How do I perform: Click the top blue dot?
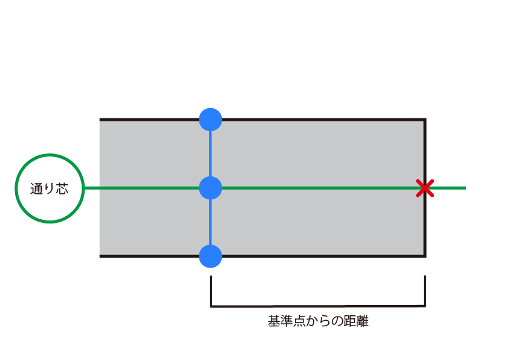tap(210, 120)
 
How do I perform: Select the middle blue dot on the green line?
tap(210, 188)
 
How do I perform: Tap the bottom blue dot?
tap(210, 256)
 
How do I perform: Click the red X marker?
tap(425, 188)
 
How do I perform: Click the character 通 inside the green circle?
tap(36, 188)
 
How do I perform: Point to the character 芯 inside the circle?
tap(62, 188)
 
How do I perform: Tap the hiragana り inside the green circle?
tap(49, 188)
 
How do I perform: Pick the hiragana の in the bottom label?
tap(337, 321)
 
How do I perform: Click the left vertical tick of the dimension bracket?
tap(211, 291)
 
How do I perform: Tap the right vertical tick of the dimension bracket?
tap(425, 291)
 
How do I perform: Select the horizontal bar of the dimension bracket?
tap(318, 306)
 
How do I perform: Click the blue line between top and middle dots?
tap(210, 154)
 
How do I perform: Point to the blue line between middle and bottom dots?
tap(210, 222)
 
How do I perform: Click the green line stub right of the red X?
tap(450, 188)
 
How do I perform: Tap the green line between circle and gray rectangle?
tap(92, 188)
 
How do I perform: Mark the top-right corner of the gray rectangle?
tap(425, 120)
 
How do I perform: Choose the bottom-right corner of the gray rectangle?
tap(425, 256)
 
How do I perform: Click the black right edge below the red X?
tap(425, 226)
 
